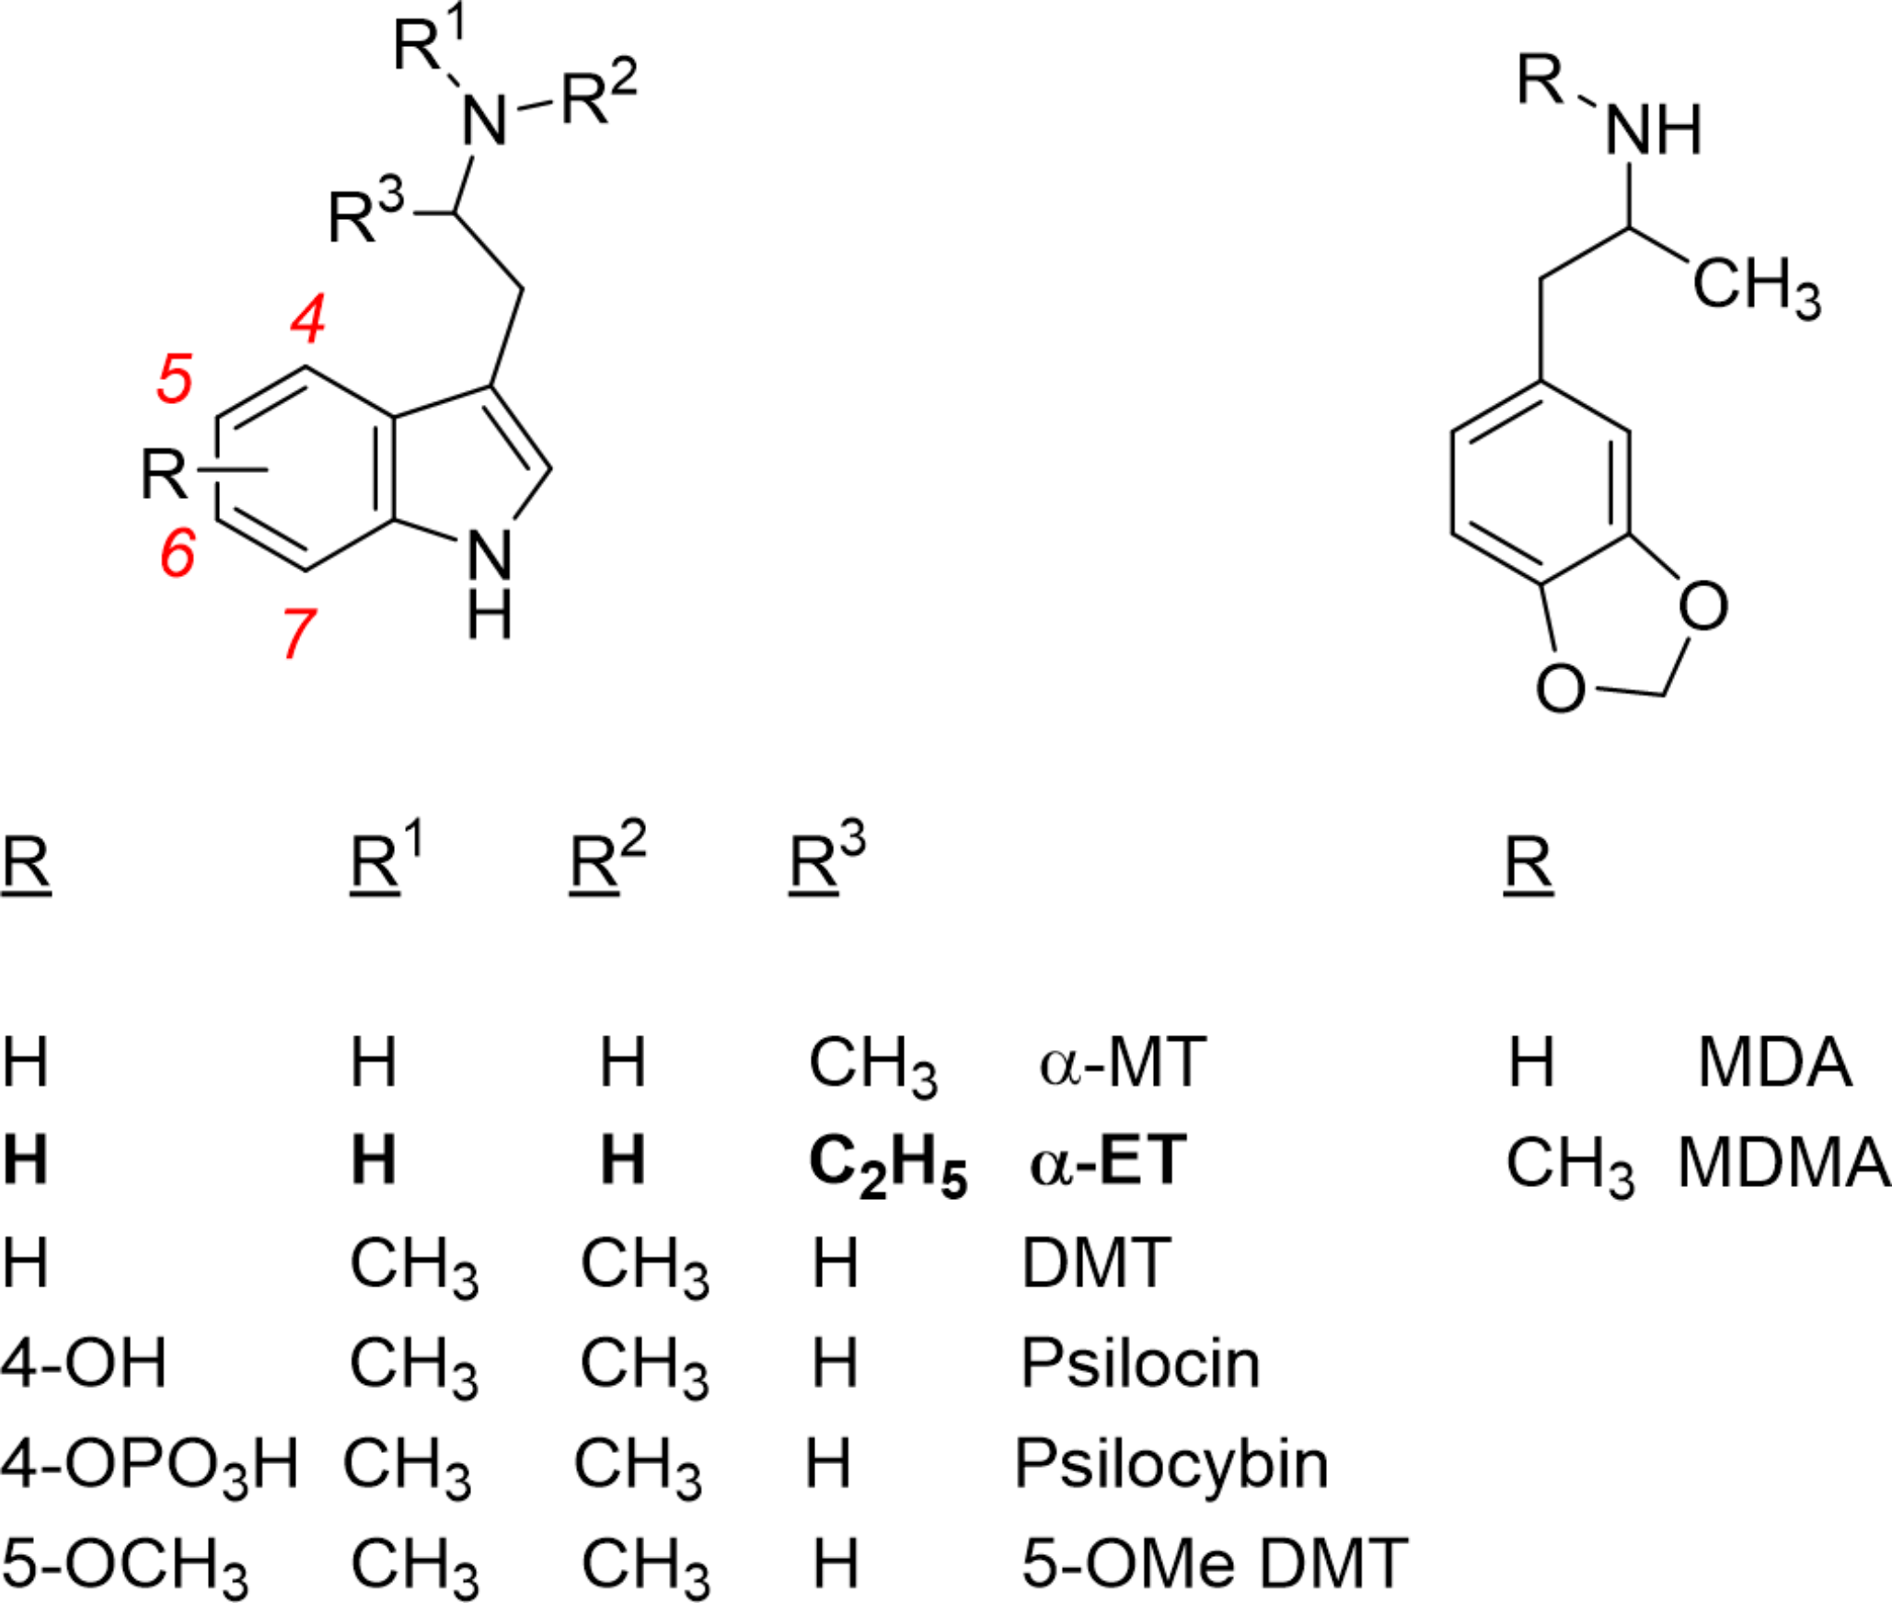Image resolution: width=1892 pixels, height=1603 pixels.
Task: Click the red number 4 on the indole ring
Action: click(x=308, y=318)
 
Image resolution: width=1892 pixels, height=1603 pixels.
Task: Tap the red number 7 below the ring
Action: click(x=299, y=633)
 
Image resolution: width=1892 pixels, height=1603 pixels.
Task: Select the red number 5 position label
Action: click(x=175, y=377)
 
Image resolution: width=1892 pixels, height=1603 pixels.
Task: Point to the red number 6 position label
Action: click(x=178, y=551)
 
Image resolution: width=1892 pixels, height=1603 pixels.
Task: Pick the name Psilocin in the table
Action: click(x=1140, y=1363)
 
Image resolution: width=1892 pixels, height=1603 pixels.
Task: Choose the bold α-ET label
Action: click(x=1108, y=1161)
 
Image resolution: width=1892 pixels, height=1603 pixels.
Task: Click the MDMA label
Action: click(x=1782, y=1162)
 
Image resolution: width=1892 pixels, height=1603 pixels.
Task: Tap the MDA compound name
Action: click(x=1774, y=1062)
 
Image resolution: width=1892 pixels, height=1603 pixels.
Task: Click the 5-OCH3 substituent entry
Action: click(x=124, y=1565)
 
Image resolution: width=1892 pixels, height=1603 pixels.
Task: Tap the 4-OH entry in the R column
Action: click(x=84, y=1363)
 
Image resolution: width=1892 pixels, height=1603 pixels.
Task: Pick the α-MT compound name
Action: click(x=1122, y=1062)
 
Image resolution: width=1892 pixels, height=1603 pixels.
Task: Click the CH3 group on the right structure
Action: click(x=1756, y=286)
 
